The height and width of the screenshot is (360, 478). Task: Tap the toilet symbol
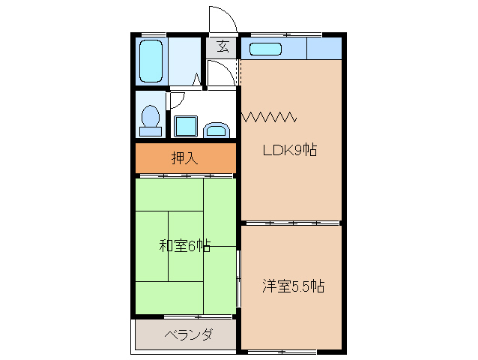pos(151,120)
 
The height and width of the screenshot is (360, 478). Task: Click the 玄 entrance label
pos(223,46)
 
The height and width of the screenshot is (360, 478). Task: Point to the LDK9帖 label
pos(289,149)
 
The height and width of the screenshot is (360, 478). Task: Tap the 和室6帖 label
pos(184,245)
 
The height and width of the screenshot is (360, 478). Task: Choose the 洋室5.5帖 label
pos(293,286)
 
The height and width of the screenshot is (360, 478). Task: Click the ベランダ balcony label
pos(188,334)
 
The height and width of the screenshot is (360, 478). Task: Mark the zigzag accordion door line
pos(270,116)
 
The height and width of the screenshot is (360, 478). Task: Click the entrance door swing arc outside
pos(222,19)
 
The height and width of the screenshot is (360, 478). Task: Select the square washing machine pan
pos(185,126)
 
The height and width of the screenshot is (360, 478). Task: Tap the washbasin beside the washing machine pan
pos(217,130)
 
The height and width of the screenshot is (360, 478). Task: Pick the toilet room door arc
pos(177,100)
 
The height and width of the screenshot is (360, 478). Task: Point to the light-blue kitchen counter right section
pos(324,49)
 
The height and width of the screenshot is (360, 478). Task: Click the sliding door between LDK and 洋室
pos(292,223)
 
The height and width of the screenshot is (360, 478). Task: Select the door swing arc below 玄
pos(219,73)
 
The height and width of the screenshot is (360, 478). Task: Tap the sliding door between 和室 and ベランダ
pos(186,316)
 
